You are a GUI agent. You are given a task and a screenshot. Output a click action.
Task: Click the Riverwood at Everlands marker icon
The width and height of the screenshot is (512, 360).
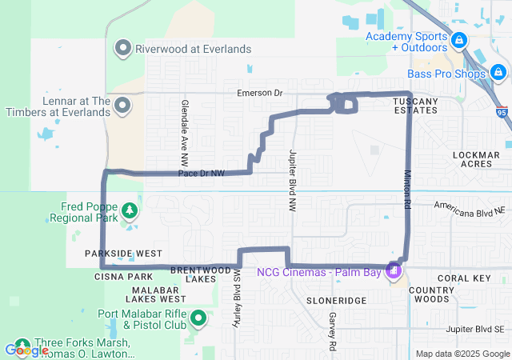123,48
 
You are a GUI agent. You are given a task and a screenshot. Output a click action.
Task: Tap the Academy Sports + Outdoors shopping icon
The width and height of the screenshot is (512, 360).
458,40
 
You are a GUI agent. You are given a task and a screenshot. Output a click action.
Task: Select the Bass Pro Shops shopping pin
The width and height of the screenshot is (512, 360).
498,74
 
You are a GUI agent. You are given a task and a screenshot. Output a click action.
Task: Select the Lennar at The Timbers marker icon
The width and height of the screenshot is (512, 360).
123,106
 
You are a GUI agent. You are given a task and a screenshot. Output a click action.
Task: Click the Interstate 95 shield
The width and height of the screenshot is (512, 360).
502,112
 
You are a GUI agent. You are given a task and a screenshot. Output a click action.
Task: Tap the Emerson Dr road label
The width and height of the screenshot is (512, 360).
260,94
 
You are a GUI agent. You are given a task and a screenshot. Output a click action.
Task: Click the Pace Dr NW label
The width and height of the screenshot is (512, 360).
201,173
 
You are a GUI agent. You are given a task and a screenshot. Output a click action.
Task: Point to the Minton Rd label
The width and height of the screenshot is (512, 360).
407,189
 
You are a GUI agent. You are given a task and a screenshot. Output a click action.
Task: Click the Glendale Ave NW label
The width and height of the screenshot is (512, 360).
184,126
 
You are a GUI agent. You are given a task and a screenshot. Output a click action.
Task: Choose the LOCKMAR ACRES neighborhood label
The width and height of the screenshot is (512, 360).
475,158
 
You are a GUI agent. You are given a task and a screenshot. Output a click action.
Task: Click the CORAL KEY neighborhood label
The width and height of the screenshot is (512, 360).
463,278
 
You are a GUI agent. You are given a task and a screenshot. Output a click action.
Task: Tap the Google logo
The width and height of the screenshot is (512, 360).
26,350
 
